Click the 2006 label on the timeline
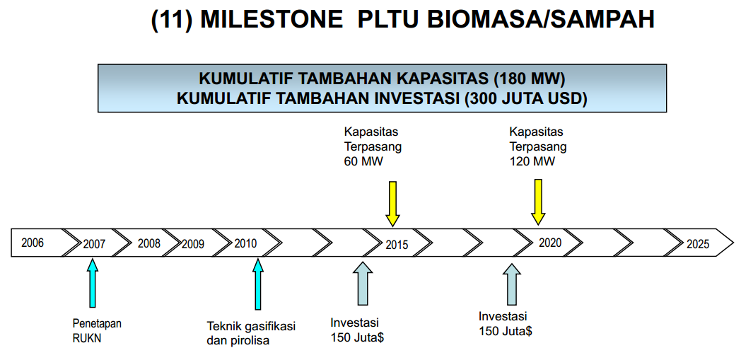click(33, 243)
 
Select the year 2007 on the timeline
click(94, 244)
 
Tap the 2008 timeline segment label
click(149, 243)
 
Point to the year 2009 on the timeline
click(193, 244)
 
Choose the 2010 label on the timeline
click(246, 243)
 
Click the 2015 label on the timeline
click(397, 244)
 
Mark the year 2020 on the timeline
click(549, 243)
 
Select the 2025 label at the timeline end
click(697, 244)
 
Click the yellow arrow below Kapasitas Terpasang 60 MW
click(393, 204)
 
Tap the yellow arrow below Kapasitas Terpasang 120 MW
click(538, 202)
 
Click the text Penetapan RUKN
click(97, 330)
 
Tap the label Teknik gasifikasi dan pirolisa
click(250, 333)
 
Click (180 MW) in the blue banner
click(530, 78)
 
